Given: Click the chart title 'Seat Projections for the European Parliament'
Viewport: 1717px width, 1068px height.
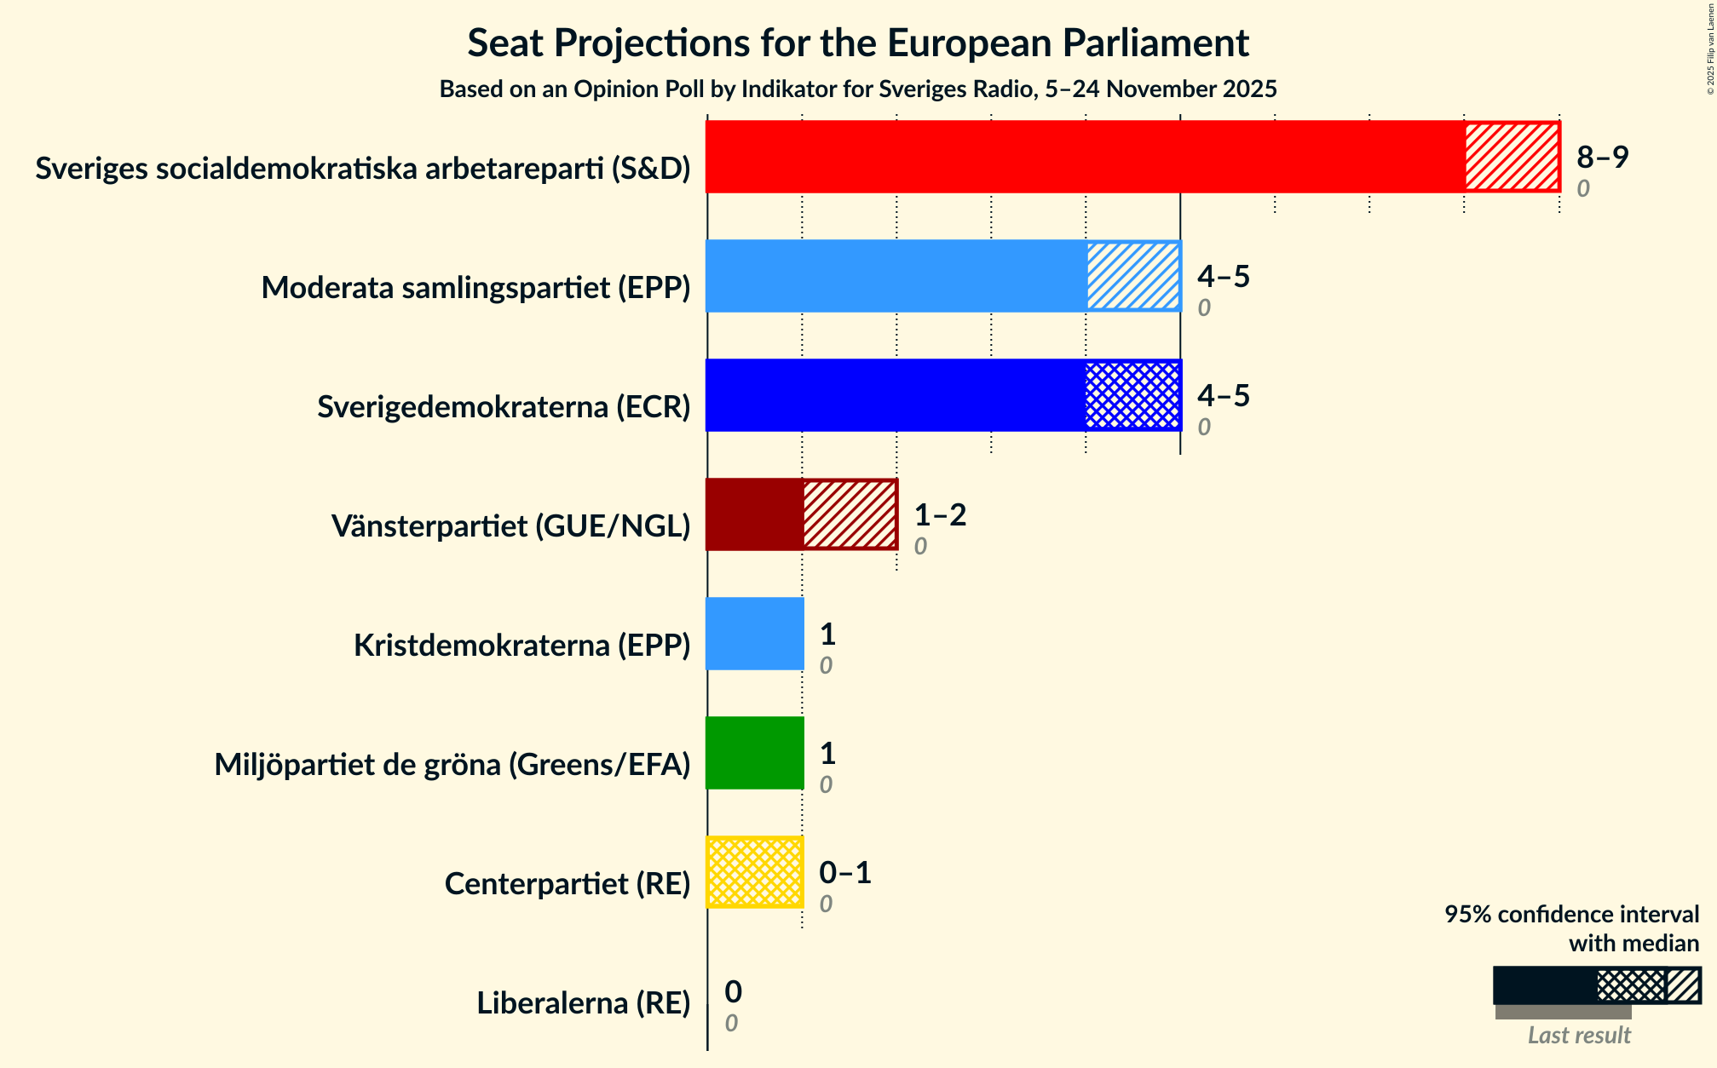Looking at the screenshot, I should pos(857,43).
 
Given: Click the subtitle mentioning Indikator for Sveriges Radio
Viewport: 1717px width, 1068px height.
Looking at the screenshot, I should pos(857,89).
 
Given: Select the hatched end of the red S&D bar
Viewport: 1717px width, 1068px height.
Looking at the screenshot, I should pos(1512,157).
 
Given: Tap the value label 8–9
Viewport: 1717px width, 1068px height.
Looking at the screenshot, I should pos(1601,158).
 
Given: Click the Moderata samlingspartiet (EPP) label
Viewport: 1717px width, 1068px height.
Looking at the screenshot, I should pos(475,288).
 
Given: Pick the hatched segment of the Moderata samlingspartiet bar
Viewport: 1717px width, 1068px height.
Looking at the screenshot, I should pos(1133,276).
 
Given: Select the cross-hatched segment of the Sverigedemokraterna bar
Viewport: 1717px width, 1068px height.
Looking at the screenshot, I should pos(1133,395).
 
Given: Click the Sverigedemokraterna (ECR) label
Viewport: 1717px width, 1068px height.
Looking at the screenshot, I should pos(504,407).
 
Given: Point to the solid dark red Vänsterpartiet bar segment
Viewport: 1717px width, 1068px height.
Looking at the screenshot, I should pos(754,514).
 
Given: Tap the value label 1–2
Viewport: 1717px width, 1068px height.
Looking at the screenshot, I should pos(940,515).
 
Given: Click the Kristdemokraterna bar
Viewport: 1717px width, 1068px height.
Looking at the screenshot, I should pos(755,634).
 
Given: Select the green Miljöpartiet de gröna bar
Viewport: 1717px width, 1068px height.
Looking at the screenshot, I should pos(755,753).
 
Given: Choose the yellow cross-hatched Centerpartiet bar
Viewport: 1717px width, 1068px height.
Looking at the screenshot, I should pos(755,872).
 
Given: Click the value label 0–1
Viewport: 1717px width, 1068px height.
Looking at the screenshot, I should pos(844,873).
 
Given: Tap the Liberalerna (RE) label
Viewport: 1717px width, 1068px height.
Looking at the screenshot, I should pos(583,1003).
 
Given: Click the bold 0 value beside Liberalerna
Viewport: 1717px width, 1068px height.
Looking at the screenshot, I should pos(733,992).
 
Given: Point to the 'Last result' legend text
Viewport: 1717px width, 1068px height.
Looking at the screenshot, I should pos(1578,1035).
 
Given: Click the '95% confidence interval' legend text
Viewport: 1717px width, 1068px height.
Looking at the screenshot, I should pos(1571,915).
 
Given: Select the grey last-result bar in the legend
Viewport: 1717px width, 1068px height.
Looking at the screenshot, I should pos(1563,1012).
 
